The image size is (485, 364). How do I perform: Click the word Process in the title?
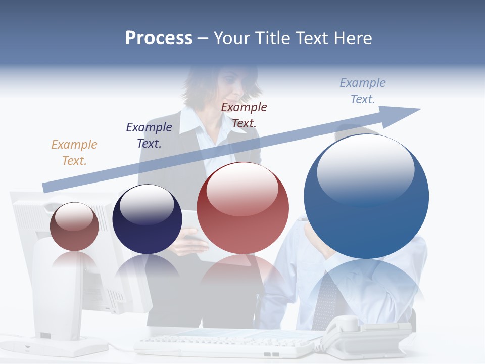[x=159, y=38]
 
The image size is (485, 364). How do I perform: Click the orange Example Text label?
[x=74, y=152]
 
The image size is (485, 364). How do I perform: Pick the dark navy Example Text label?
[x=149, y=135]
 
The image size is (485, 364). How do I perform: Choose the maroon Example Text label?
[x=244, y=115]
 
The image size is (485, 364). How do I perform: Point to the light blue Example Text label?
[x=363, y=90]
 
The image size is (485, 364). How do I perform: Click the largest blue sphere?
[x=366, y=212]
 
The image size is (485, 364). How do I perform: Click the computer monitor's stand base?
[x=68, y=346]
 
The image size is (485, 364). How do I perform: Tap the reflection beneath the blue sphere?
[x=366, y=288]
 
